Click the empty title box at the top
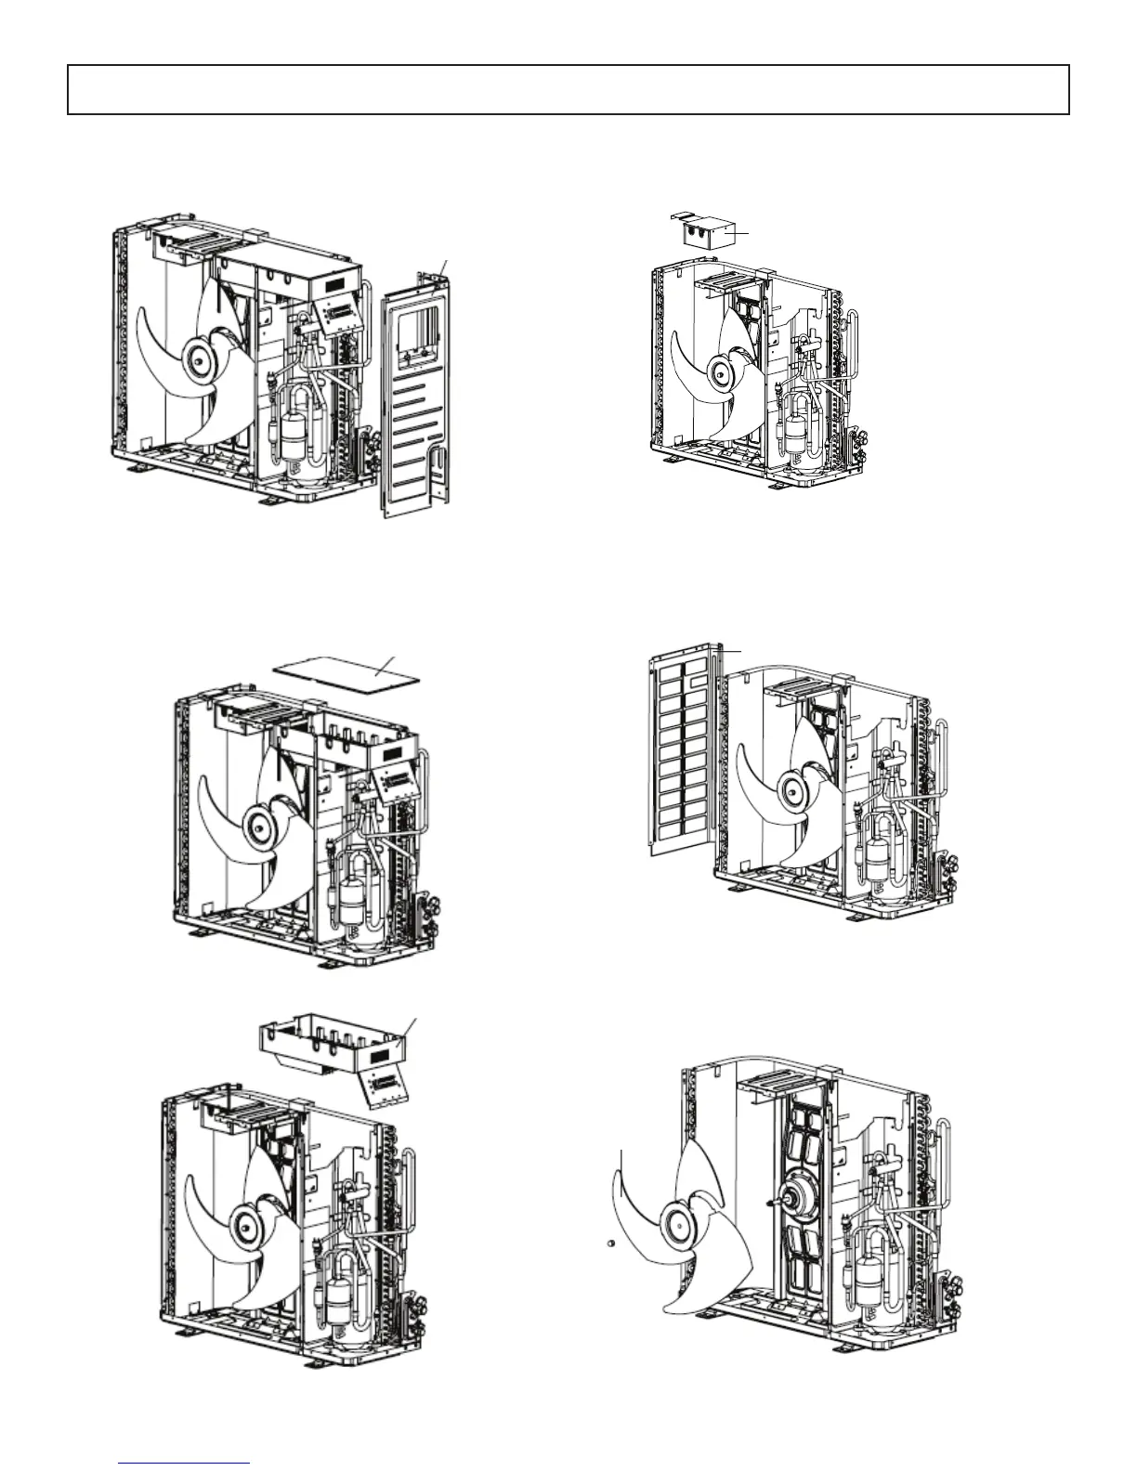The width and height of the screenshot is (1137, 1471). (x=568, y=89)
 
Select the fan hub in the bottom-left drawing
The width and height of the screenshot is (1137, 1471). (x=246, y=1225)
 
